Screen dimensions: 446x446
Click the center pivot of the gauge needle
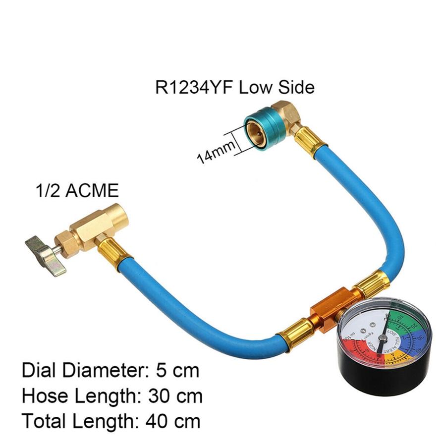(383, 338)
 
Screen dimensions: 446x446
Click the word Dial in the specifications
(39, 370)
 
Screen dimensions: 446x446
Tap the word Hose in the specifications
(45, 396)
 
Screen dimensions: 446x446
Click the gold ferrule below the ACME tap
(110, 252)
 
